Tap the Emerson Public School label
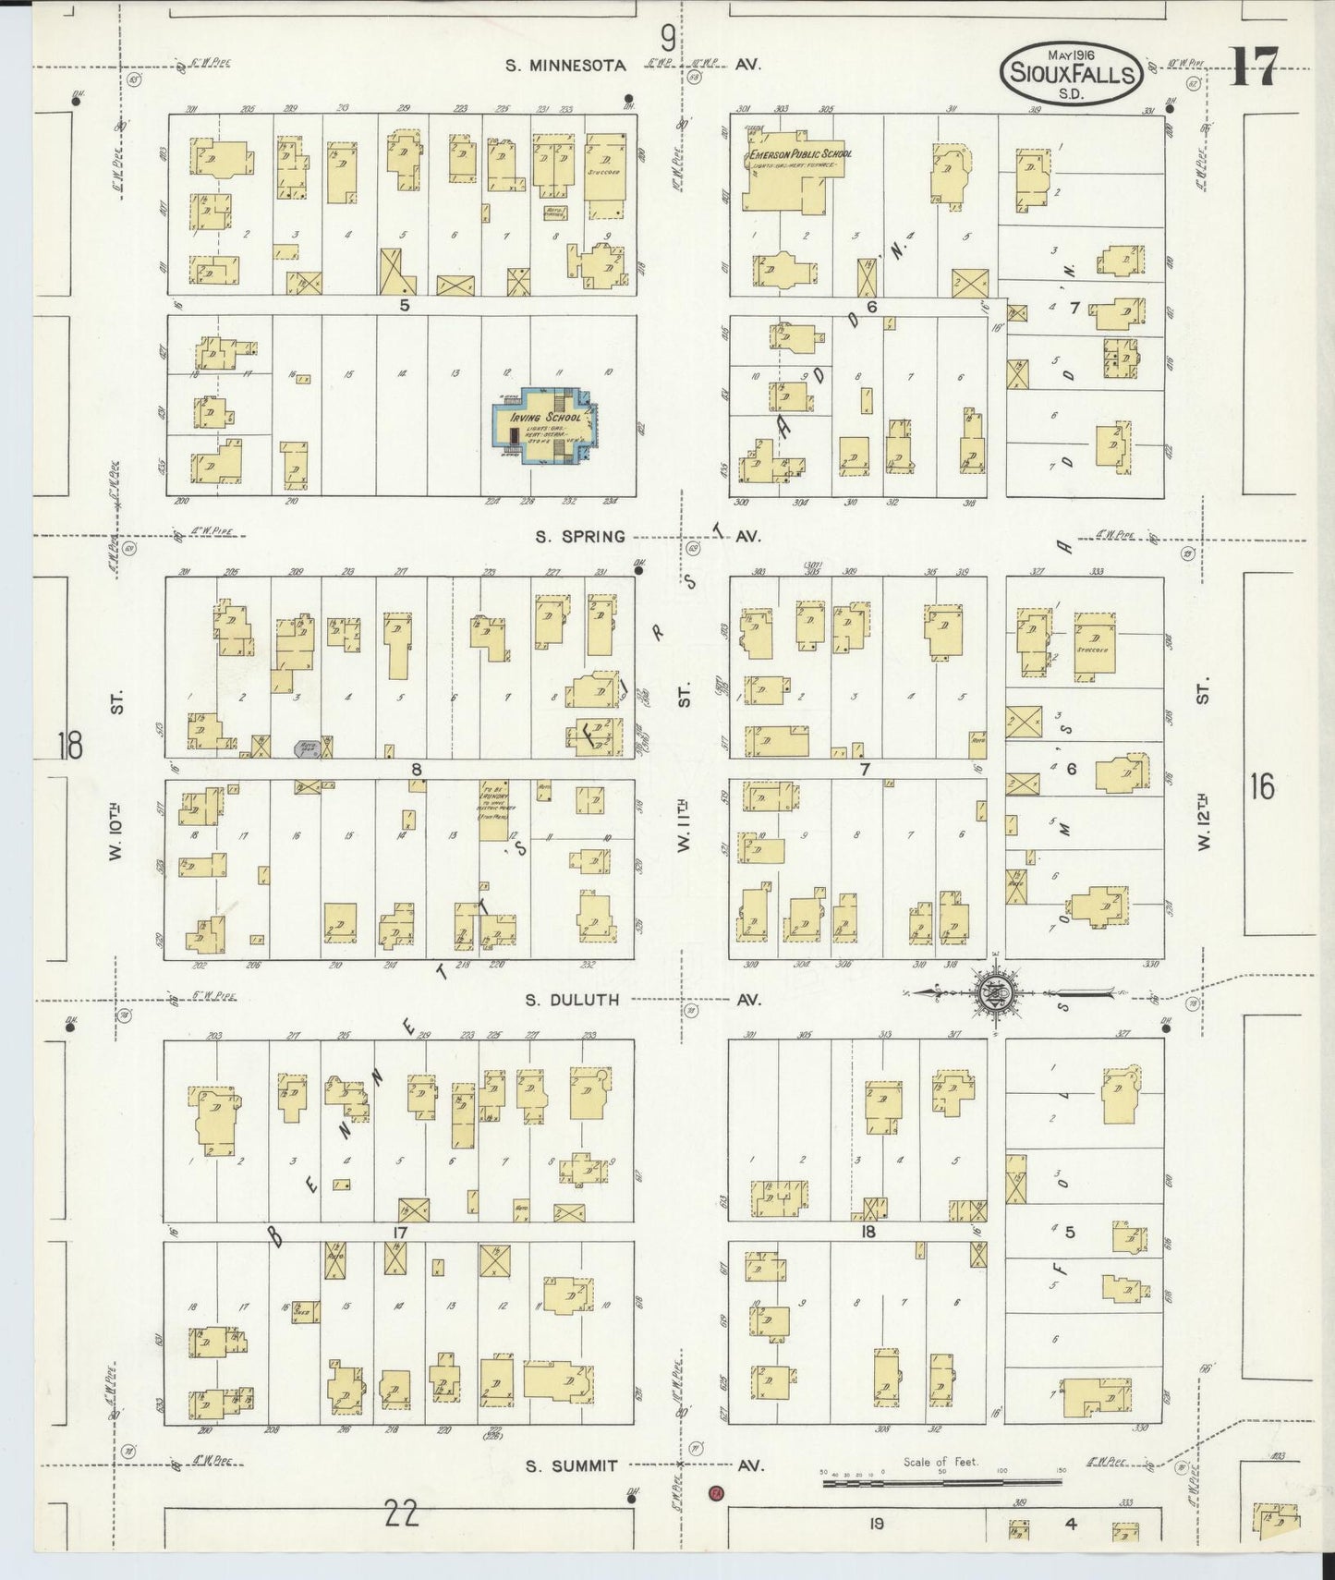pos(801,154)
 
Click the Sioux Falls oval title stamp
pos(1071,71)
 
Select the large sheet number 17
pos(1254,67)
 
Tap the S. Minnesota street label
pos(565,66)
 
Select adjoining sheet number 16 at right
pos(1262,787)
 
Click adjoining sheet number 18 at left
pos(70,745)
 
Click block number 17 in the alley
pos(400,1233)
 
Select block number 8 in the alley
pos(417,769)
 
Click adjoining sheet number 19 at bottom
pos(875,1523)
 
